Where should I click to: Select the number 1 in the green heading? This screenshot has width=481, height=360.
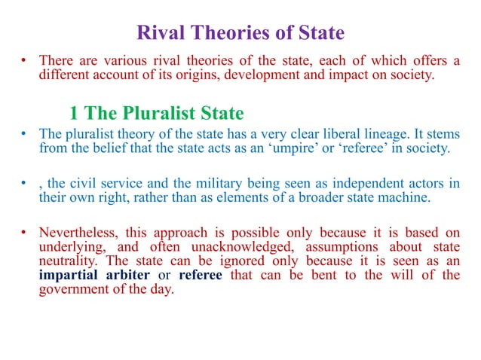tap(74, 114)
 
